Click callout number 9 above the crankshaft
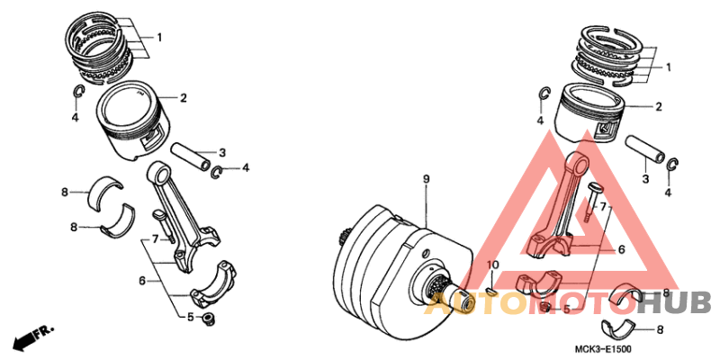pos(427,181)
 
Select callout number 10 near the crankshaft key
pos(492,265)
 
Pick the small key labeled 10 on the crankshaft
pos(491,290)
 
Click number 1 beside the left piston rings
pos(159,38)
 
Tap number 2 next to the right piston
pos(659,107)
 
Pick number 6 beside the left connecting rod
pos(142,281)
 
